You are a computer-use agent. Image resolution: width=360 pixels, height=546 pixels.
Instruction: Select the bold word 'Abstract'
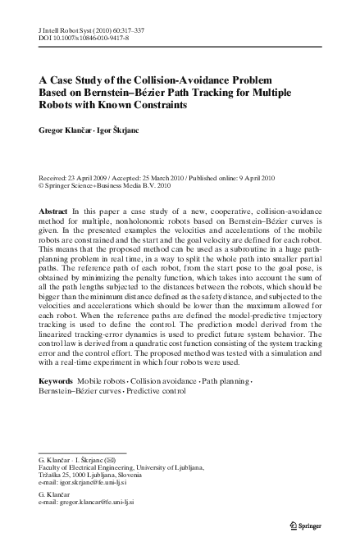(x=53, y=212)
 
